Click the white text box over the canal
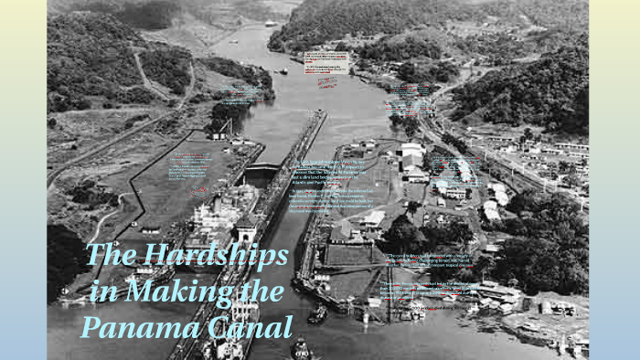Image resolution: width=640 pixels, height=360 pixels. point(326,61)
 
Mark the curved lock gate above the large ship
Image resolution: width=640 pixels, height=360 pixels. point(261,169)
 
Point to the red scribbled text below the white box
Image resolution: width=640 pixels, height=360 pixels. point(326,82)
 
